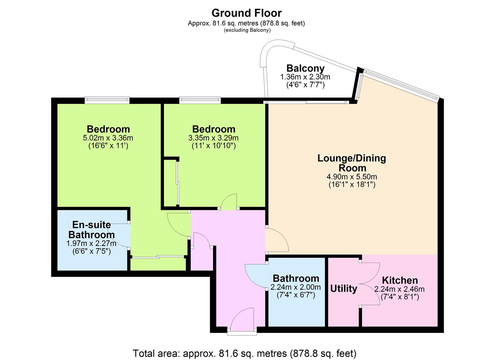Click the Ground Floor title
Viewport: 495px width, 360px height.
click(246, 13)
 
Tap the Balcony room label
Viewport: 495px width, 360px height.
click(305, 69)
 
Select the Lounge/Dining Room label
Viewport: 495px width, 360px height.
click(352, 163)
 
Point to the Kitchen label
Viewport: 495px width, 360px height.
click(400, 280)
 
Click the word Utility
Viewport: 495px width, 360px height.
click(344, 289)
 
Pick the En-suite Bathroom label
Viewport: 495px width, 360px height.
click(91, 230)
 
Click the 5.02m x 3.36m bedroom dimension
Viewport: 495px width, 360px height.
click(108, 138)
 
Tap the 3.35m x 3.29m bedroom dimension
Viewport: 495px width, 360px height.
click(213, 138)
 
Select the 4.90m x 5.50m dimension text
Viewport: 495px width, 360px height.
click(352, 177)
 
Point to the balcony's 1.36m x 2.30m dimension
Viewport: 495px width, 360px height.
click(305, 77)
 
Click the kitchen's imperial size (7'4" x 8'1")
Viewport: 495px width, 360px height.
click(400, 297)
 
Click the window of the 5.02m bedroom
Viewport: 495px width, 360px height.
click(107, 100)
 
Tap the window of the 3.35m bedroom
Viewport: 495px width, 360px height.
click(200, 100)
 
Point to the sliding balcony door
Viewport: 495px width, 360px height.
click(306, 102)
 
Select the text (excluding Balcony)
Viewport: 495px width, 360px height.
click(247, 30)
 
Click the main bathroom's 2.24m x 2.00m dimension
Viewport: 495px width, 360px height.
click(296, 287)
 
